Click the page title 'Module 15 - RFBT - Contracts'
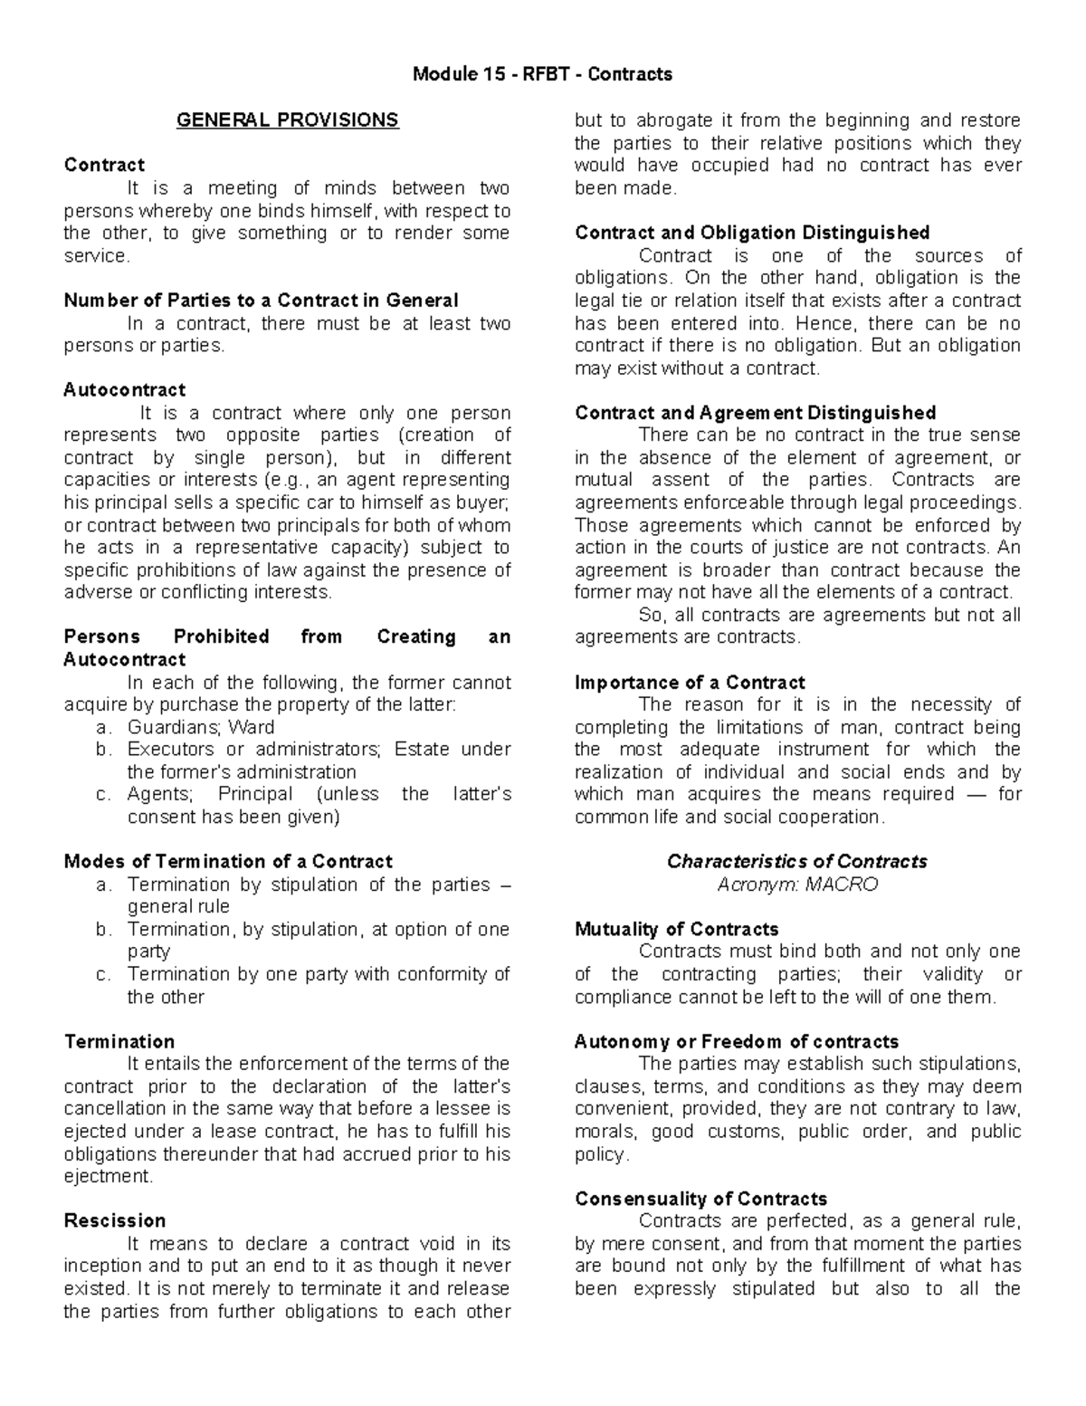pyautogui.click(x=542, y=74)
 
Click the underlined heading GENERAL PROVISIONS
pyautogui.click(x=287, y=120)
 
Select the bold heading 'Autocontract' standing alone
pyautogui.click(x=124, y=390)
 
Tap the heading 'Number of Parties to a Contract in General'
pyautogui.click(x=261, y=301)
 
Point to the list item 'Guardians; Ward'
pyautogui.click(x=201, y=727)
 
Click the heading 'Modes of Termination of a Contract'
pyautogui.click(x=228, y=861)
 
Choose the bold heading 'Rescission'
pyautogui.click(x=115, y=1220)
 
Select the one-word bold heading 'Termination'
pyautogui.click(x=119, y=1041)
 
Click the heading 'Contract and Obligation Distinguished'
pyautogui.click(x=752, y=233)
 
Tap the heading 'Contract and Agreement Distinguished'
pyautogui.click(x=755, y=413)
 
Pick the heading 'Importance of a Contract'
pyautogui.click(x=690, y=683)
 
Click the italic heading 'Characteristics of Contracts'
pyautogui.click(x=797, y=861)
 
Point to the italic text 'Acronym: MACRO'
pyautogui.click(x=797, y=885)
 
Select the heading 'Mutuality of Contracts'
pyautogui.click(x=676, y=929)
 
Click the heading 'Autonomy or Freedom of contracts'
pyautogui.click(x=736, y=1041)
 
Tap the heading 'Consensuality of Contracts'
pyautogui.click(x=700, y=1199)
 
